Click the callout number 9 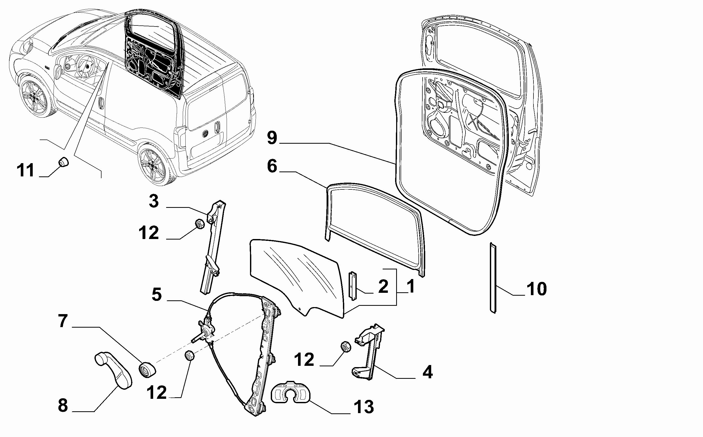pos(272,138)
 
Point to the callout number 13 pos(364,407)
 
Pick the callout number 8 pos(63,405)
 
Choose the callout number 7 pos(63,321)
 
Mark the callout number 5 pos(157,295)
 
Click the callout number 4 pos(428,372)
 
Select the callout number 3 pos(154,201)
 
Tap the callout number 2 pos(383,286)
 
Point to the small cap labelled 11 pos(64,162)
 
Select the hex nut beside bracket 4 pos(346,347)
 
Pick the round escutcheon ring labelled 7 pos(147,370)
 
